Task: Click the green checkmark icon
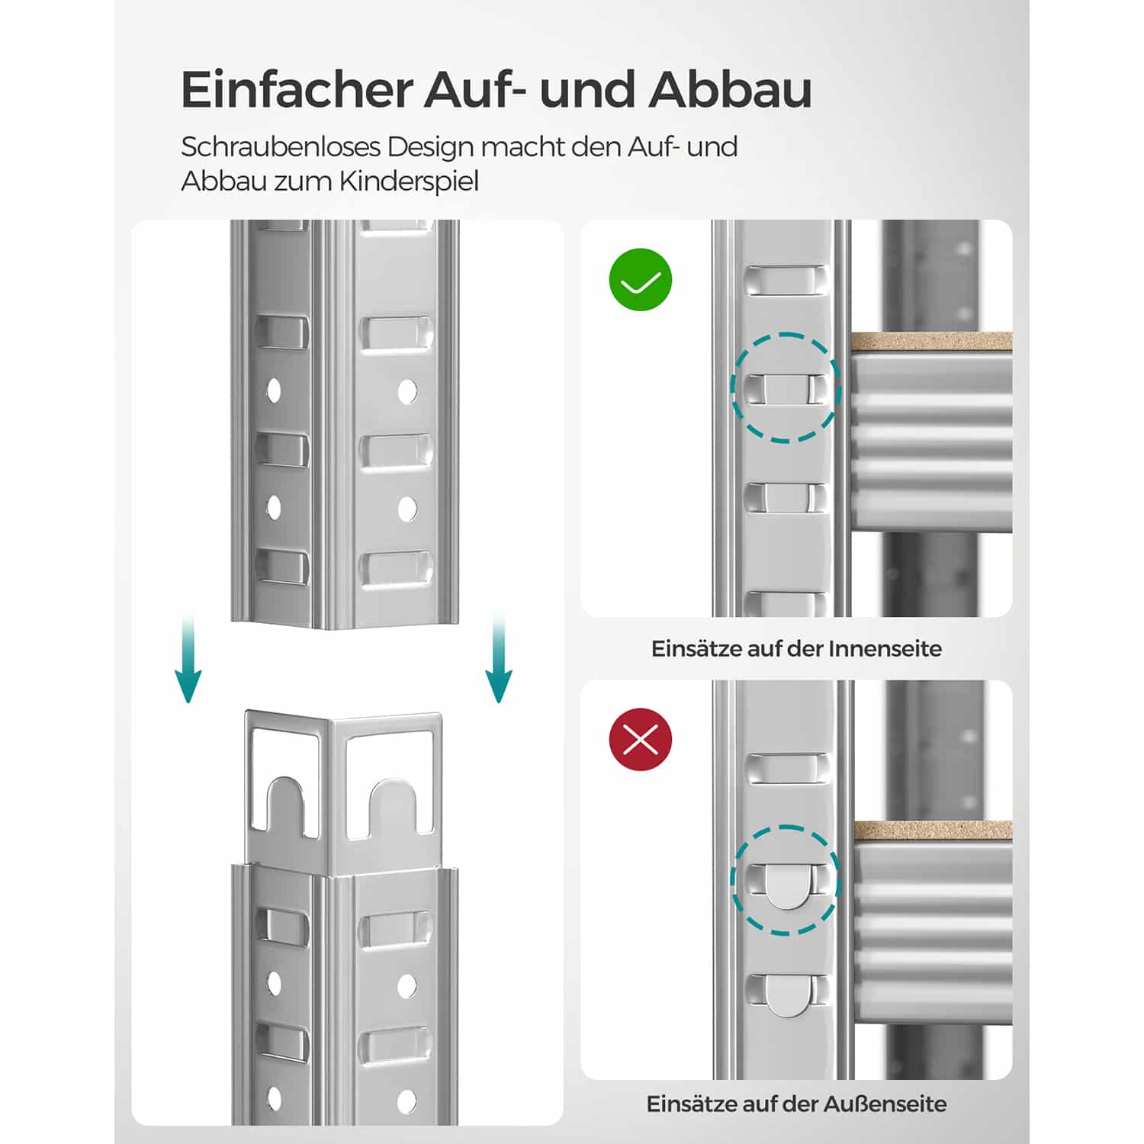point(641,280)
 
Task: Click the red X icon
point(641,739)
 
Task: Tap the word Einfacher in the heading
point(296,90)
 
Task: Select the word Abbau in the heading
point(731,90)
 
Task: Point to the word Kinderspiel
point(409,182)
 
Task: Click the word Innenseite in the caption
point(885,649)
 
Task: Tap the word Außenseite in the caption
point(886,1104)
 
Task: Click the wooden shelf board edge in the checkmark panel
point(931,342)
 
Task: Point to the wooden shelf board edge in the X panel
point(933,831)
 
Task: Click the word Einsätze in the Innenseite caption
point(695,649)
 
